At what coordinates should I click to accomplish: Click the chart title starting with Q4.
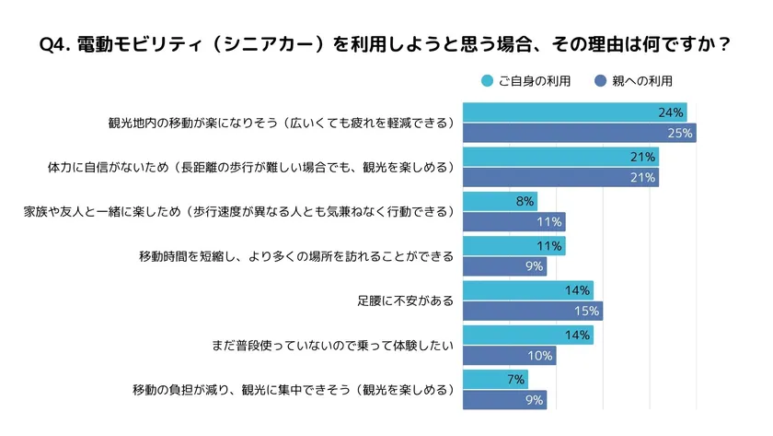click(386, 44)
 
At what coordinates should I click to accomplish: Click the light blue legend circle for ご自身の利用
click(487, 81)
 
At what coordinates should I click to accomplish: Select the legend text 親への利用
click(643, 81)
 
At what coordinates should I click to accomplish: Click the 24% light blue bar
click(574, 112)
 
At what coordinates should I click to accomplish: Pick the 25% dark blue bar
click(579, 134)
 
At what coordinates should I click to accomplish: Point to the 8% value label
click(525, 201)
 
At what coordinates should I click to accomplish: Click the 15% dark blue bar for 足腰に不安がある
click(532, 312)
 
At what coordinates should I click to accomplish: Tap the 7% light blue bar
click(494, 379)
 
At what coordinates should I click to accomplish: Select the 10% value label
click(541, 356)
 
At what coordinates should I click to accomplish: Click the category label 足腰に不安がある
click(406, 300)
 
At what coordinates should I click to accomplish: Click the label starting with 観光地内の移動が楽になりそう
click(282, 123)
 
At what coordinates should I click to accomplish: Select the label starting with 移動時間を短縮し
click(295, 256)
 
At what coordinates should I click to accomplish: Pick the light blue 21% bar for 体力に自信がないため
click(560, 157)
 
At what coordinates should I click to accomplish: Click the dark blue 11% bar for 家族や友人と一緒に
click(513, 222)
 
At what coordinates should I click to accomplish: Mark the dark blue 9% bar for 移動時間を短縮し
click(504, 267)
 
